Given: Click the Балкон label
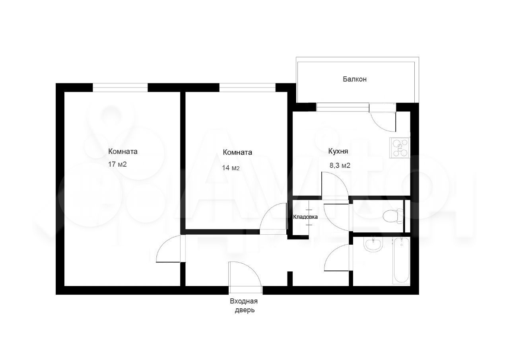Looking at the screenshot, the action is tap(354, 79).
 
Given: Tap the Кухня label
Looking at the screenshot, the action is tap(338, 151).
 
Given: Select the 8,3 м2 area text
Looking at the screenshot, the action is tap(340, 165).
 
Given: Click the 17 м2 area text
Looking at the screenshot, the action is tap(117, 164).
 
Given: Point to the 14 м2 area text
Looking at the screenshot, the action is tap(231, 168).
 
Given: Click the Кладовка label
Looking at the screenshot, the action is tap(305, 217).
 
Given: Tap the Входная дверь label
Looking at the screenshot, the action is tap(244, 306).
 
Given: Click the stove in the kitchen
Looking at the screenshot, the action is tap(400, 148).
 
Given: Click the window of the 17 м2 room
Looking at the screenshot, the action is tap(120, 88).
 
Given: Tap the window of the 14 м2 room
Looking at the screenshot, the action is tap(247, 88).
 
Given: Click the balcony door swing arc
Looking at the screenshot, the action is tap(379, 126).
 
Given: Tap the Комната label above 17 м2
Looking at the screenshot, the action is tap(123, 152).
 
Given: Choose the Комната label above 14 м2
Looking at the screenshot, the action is tap(237, 152).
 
